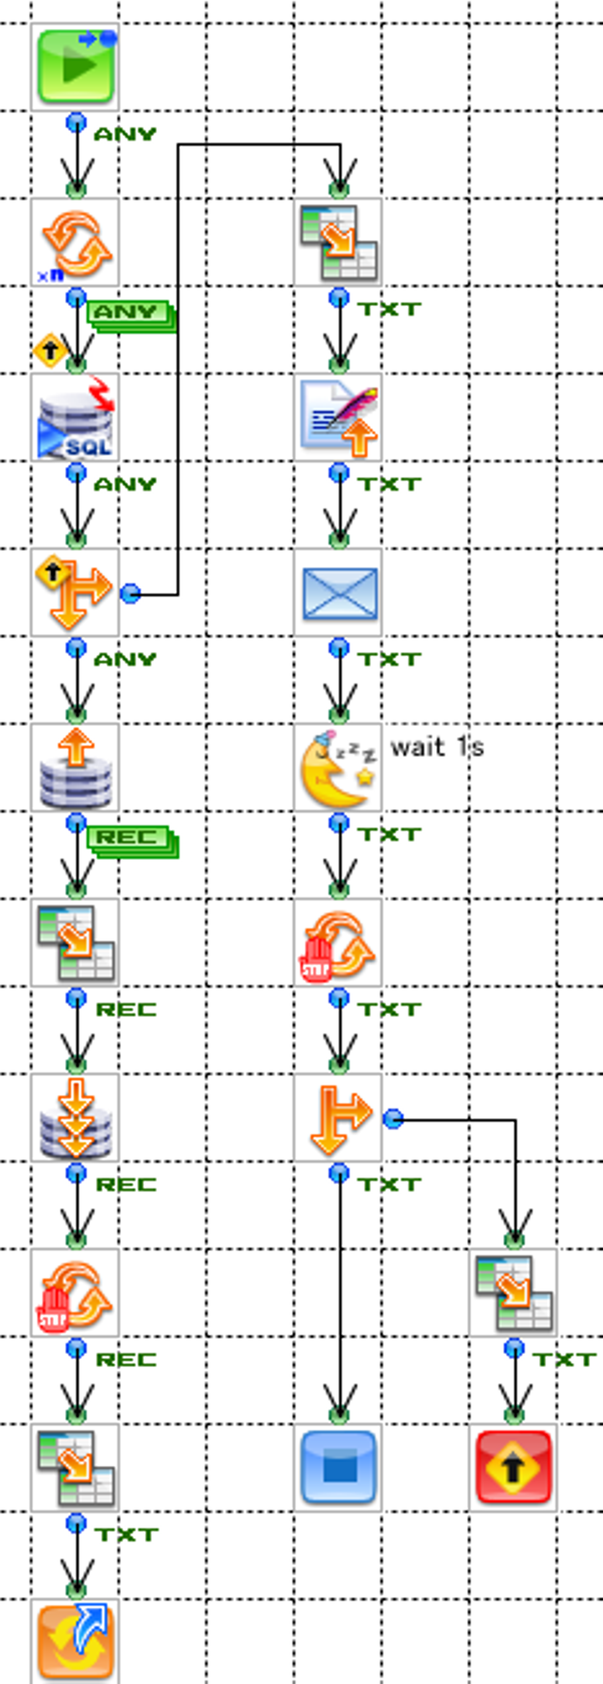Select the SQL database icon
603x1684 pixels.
click(x=75, y=417)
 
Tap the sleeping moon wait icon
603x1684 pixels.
click(x=338, y=767)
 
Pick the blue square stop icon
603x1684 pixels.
click(x=338, y=1467)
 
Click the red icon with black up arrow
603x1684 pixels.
click(x=513, y=1467)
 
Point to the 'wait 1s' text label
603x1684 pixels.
click(x=437, y=746)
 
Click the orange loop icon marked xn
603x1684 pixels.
click(x=75, y=243)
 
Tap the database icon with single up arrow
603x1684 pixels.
click(x=75, y=767)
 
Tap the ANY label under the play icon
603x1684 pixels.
click(x=125, y=134)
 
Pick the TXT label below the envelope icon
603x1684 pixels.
click(x=389, y=659)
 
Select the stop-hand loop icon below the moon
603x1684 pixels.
click(x=338, y=943)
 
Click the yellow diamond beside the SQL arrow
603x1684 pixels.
click(x=50, y=350)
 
